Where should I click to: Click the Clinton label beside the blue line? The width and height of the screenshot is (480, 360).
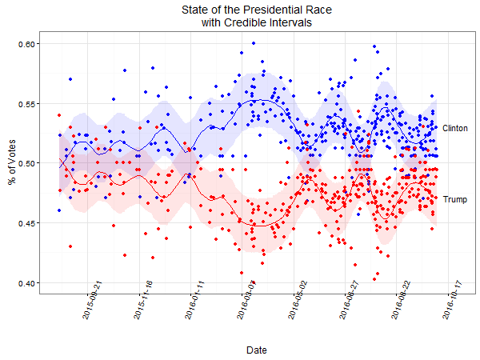click(x=454, y=128)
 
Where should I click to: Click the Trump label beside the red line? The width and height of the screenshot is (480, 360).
click(x=454, y=198)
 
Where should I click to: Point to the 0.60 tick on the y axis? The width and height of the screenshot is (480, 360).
click(x=29, y=43)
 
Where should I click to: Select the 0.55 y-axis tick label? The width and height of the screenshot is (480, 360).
click(x=29, y=103)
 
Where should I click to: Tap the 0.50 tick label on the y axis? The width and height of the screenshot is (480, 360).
click(x=29, y=163)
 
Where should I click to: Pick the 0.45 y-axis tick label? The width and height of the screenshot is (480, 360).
click(x=29, y=223)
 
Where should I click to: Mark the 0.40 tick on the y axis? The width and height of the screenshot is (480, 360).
click(x=29, y=283)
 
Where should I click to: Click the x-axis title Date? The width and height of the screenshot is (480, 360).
click(x=257, y=350)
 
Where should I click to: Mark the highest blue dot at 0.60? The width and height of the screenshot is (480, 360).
click(x=254, y=43)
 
